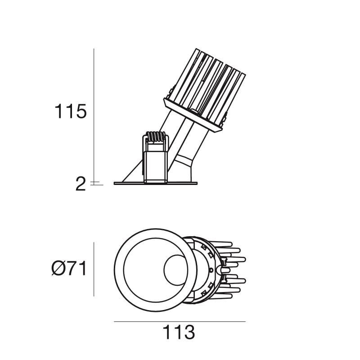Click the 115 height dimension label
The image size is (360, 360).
pos(70,111)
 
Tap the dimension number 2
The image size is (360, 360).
pos(80,184)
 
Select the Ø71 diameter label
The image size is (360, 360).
pos(69,269)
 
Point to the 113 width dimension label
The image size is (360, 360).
pos(179,333)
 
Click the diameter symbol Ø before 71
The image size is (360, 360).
pos(58,269)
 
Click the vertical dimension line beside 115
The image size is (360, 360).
pos(94,112)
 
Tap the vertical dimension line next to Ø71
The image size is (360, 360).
pos(94,269)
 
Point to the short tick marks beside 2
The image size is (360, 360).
pos(96,183)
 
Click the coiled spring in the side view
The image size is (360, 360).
pos(156,136)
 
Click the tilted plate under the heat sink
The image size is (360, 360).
pos(193,116)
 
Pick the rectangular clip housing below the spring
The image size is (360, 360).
pos(155,164)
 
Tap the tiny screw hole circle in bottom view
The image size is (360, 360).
pos(211,270)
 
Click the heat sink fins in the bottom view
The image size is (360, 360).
pos(234,270)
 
